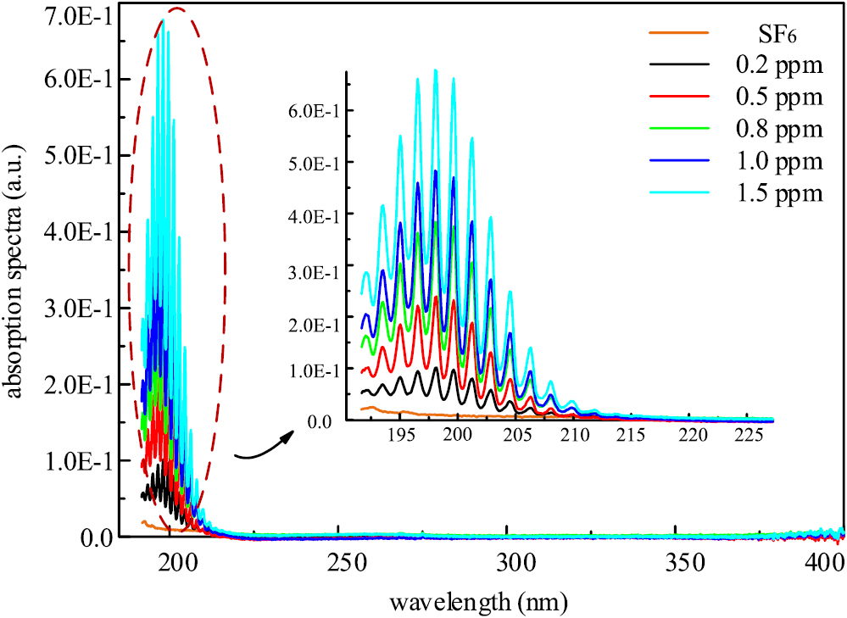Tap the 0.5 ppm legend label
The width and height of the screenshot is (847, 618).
[x=779, y=97]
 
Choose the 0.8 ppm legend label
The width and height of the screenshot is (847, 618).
[x=779, y=129]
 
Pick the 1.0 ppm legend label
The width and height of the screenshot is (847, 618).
[x=779, y=161]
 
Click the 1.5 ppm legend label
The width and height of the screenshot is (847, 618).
[x=779, y=193]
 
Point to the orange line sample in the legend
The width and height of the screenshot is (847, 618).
[x=677, y=33]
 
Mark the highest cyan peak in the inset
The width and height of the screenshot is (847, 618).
[x=436, y=70]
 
